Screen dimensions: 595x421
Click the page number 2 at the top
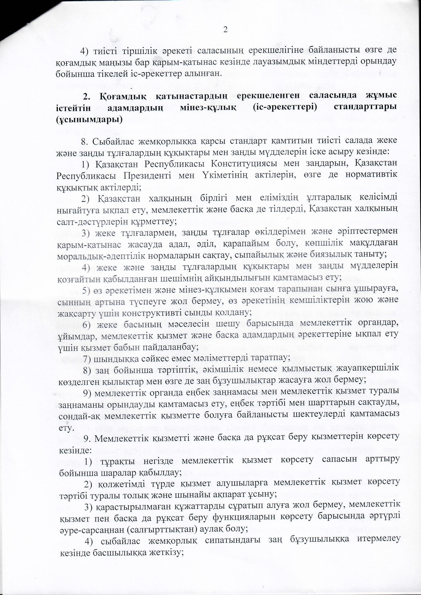tap(225, 30)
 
